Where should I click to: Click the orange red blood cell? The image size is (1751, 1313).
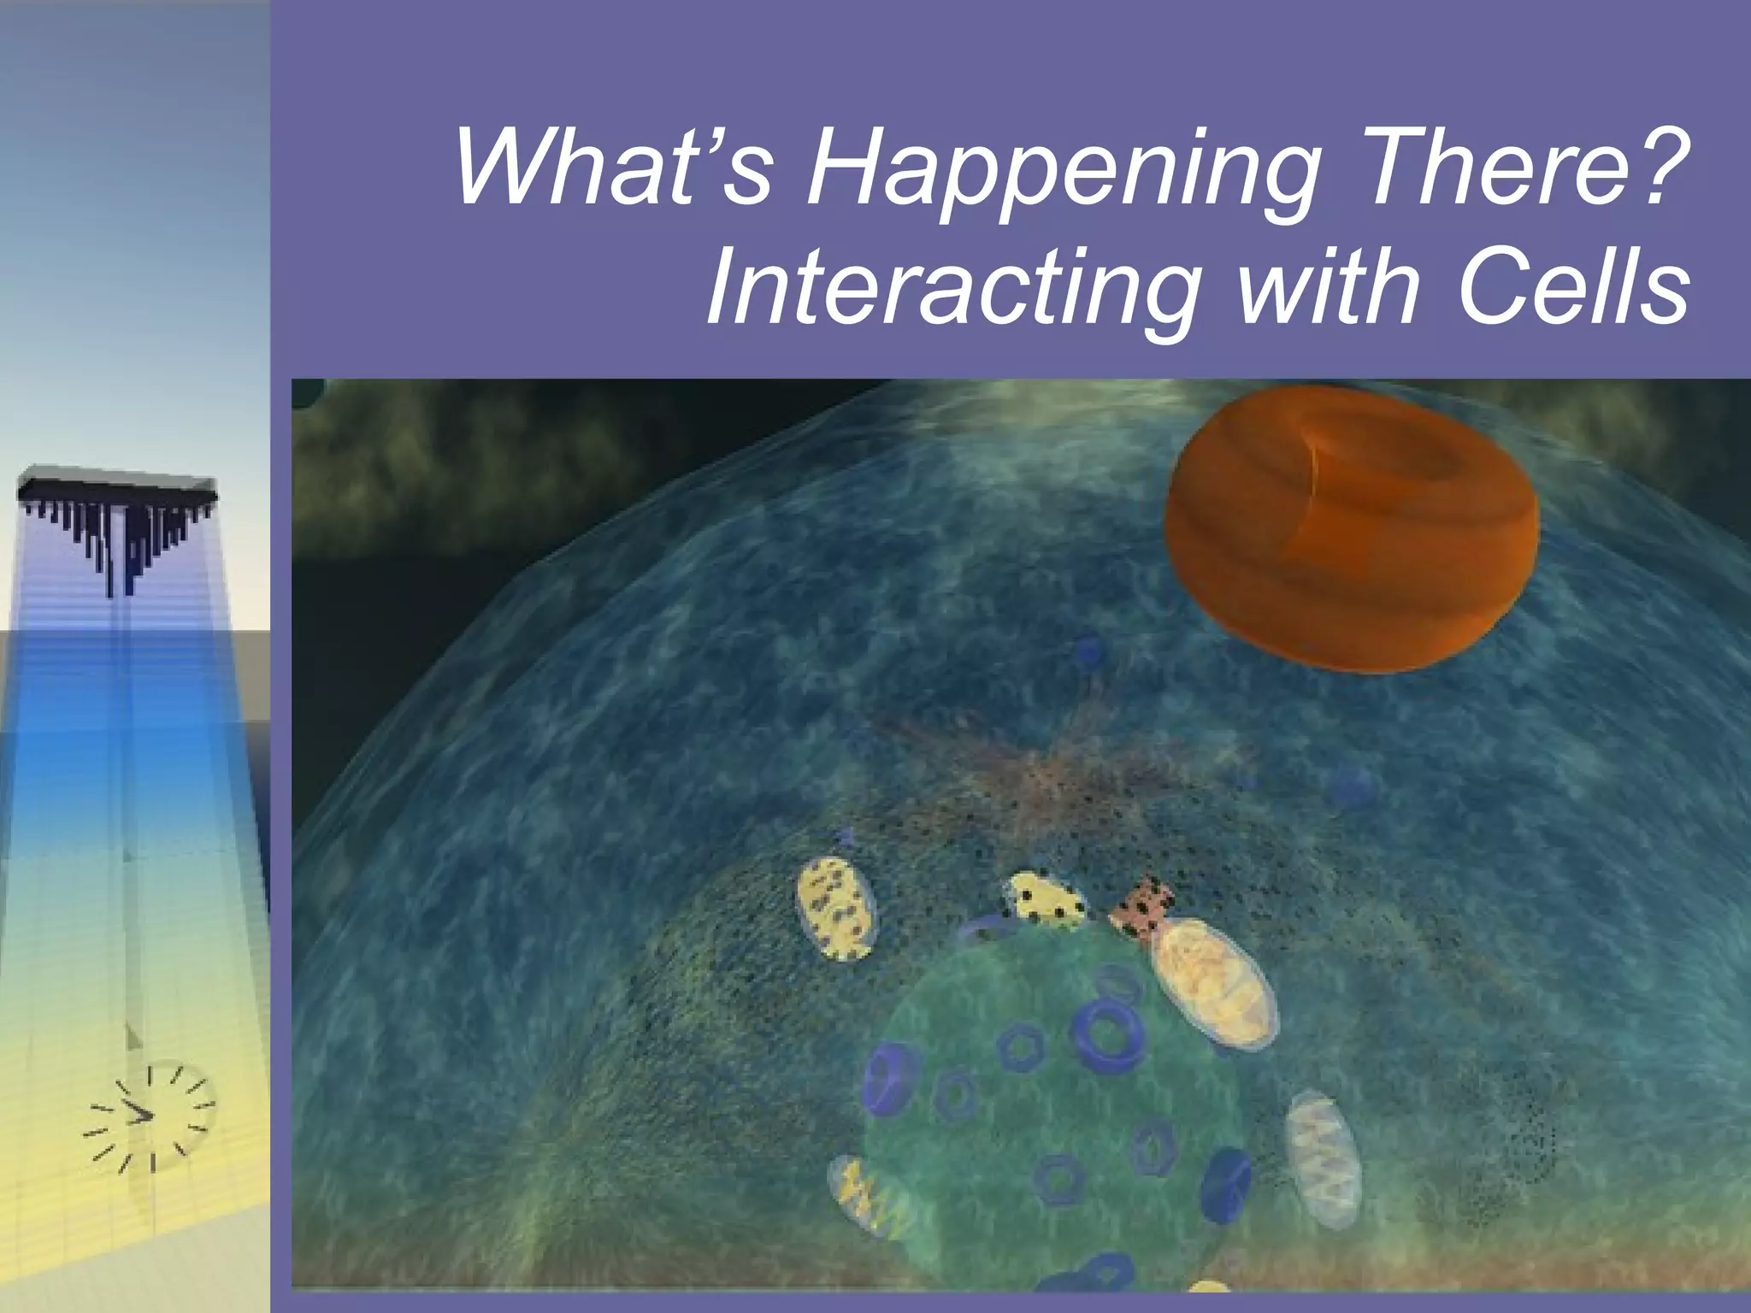click(1351, 530)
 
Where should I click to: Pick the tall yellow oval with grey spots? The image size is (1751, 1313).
click(836, 909)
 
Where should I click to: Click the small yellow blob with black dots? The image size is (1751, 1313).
click(1045, 898)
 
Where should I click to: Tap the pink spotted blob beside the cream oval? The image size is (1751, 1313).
click(1142, 906)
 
